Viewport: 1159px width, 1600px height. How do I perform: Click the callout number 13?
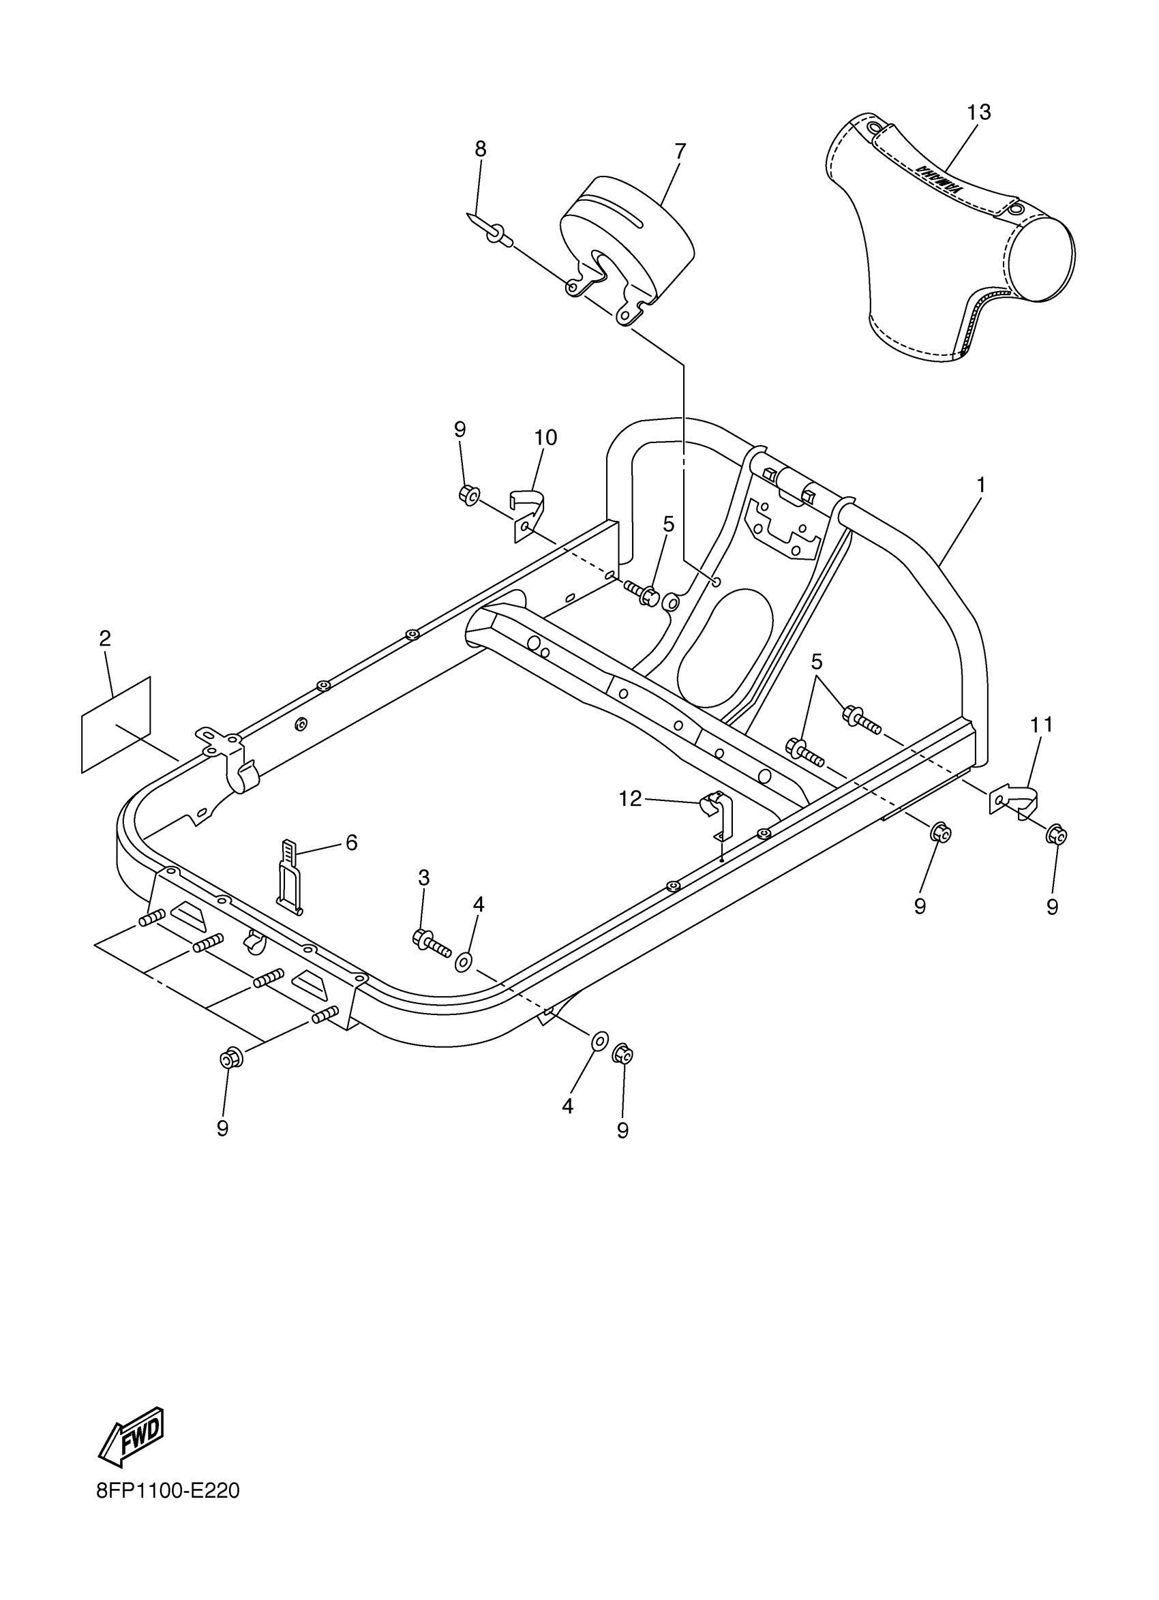[x=978, y=112]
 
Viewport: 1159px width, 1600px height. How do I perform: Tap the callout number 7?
[x=679, y=151]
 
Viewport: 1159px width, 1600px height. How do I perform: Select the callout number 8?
[x=481, y=149]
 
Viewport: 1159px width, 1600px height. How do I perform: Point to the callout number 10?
[x=545, y=438]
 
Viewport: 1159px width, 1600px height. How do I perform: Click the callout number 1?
[x=980, y=485]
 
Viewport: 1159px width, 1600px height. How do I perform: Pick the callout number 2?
[x=104, y=639]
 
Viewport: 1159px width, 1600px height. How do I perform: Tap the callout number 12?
[x=630, y=798]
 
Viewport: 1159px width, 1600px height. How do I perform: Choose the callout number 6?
[x=351, y=843]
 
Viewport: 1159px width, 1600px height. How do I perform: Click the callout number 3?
[x=423, y=877]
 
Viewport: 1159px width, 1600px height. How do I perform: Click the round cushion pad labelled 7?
[x=628, y=240]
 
